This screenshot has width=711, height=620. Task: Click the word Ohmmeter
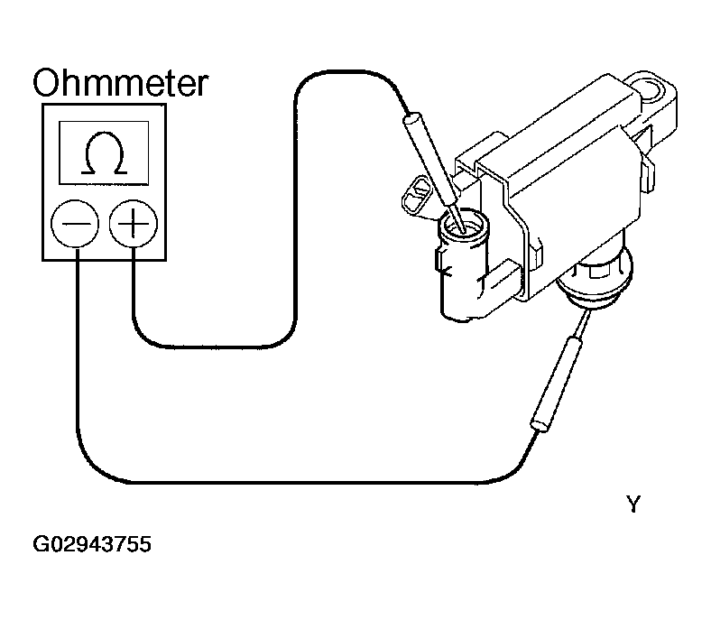click(120, 82)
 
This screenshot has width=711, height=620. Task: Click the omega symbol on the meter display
click(105, 153)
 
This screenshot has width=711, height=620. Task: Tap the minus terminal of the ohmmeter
click(75, 224)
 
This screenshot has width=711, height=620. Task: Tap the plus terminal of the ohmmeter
click(134, 224)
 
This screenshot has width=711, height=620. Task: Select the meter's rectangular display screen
click(104, 153)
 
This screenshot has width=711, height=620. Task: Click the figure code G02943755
click(92, 544)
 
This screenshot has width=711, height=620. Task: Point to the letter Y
click(633, 504)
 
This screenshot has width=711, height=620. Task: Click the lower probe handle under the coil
click(556, 382)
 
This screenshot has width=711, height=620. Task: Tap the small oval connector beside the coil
click(416, 196)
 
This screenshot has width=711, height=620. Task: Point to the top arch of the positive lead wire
click(346, 71)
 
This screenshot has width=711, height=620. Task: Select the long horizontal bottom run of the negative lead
click(309, 482)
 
